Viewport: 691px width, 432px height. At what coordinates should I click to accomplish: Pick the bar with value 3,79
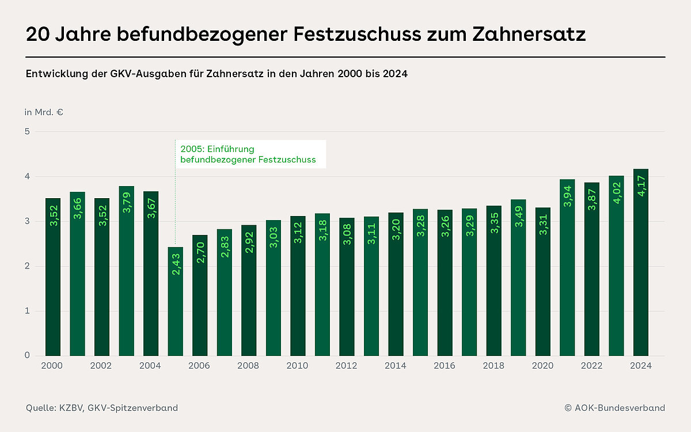point(127,271)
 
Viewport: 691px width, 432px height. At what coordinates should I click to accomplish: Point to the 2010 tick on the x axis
point(298,366)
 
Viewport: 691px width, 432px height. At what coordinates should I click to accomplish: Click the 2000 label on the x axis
point(53,366)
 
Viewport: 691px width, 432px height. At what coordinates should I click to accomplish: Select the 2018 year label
point(493,366)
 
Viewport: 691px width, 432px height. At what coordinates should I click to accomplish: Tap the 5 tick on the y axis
point(28,132)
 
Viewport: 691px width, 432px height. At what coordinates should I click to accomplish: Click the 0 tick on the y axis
point(28,355)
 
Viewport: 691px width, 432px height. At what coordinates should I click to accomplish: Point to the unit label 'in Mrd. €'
point(44,112)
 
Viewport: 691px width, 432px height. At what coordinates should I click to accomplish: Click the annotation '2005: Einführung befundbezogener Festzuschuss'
point(248,154)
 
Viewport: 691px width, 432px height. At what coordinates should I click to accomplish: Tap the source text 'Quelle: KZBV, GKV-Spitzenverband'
point(102,408)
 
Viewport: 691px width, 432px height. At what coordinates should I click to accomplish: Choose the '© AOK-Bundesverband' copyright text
point(614,408)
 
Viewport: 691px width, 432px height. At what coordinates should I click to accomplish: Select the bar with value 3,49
point(518,277)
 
